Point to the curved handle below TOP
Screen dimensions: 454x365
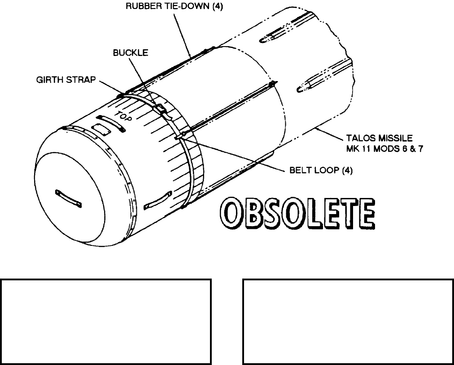click(x=110, y=122)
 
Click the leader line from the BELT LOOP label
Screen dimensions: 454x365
click(x=233, y=156)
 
